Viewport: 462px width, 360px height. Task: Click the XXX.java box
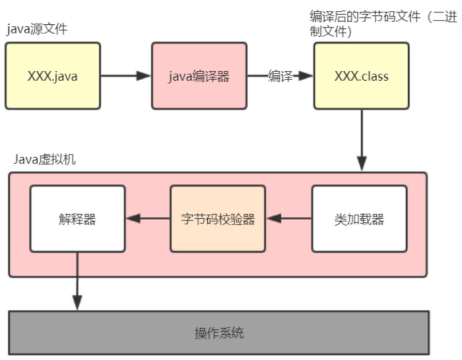53,76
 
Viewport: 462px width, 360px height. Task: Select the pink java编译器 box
199,76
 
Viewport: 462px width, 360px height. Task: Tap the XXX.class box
361,76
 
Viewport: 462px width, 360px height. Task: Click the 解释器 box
77,218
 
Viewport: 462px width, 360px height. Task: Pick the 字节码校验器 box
218,218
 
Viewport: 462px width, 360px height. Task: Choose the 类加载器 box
359,218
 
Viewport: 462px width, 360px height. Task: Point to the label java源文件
37,29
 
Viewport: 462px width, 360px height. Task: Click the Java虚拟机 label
44,160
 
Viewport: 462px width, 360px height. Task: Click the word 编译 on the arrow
281,76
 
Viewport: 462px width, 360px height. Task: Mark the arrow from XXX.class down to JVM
361,139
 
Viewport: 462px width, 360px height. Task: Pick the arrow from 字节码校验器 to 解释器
148,218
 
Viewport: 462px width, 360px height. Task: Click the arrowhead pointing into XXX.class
307,76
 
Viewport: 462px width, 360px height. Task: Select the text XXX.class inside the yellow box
361,76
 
